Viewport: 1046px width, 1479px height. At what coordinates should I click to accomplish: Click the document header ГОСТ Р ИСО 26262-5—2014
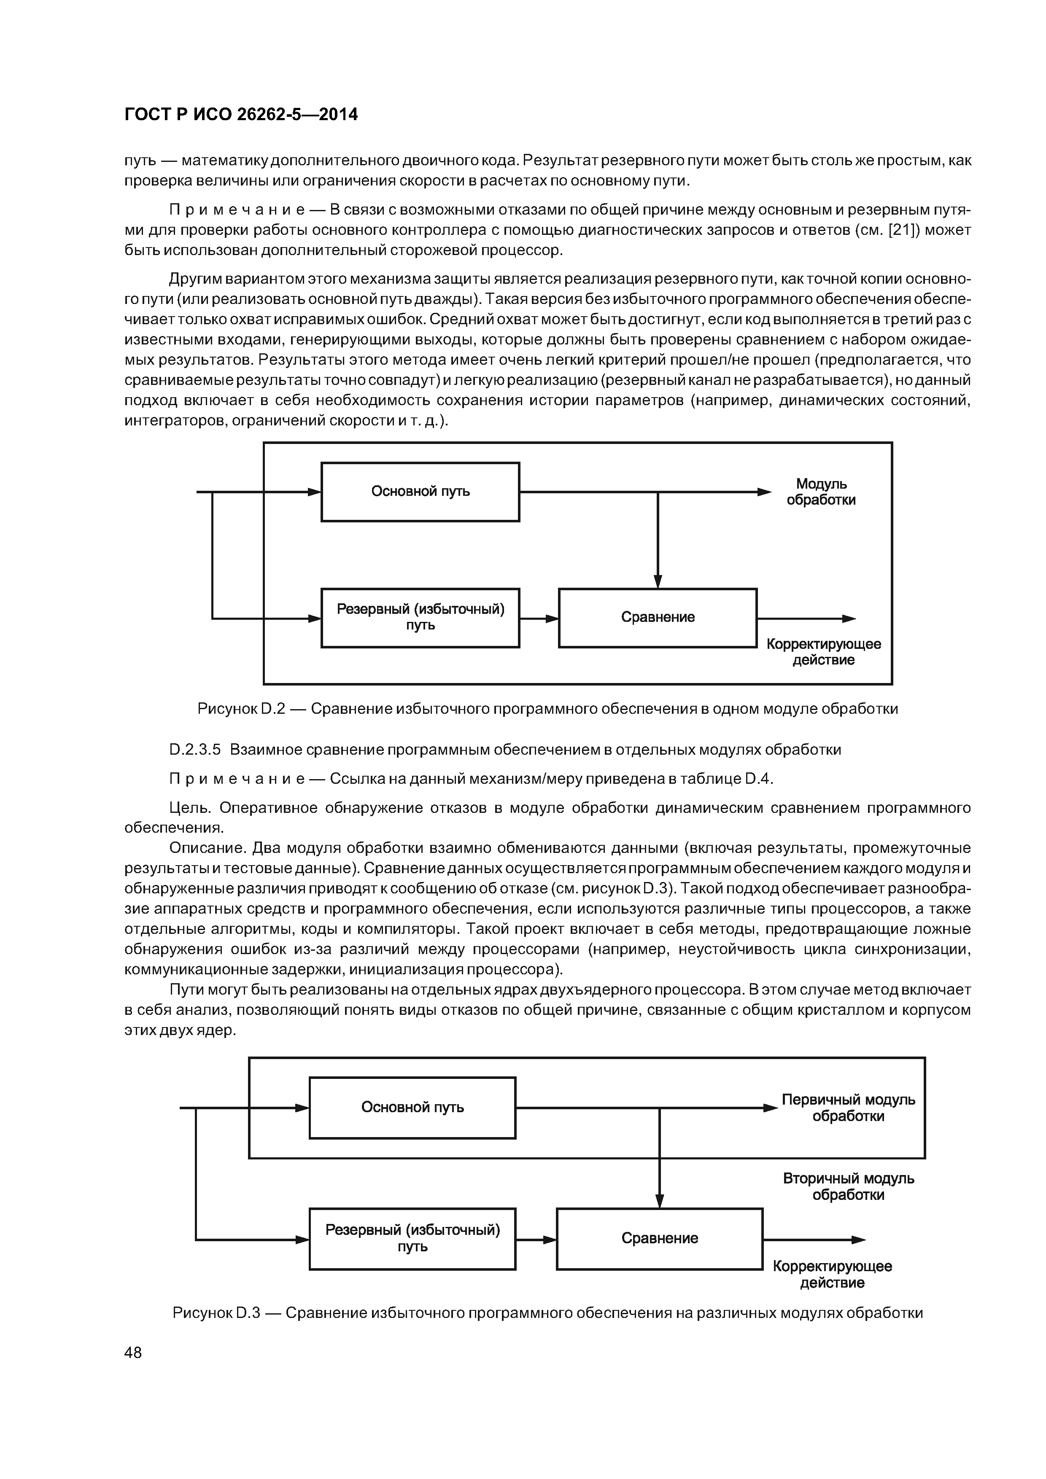click(241, 115)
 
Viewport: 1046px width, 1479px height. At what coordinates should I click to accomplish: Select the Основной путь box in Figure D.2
click(420, 492)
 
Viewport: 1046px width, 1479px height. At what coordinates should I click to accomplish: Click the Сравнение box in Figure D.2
click(658, 617)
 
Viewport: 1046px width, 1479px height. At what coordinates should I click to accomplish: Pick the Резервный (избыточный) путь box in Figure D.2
click(420, 617)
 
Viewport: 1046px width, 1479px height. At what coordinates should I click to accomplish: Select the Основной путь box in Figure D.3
click(412, 1107)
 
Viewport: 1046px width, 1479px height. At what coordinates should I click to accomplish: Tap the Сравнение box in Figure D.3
click(659, 1238)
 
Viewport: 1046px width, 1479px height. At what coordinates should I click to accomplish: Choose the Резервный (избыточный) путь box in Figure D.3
click(412, 1238)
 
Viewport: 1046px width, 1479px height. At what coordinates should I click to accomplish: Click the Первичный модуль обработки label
click(848, 1107)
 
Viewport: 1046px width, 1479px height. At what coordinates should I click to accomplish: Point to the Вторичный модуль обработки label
click(848, 1186)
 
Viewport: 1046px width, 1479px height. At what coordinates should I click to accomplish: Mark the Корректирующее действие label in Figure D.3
click(832, 1274)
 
